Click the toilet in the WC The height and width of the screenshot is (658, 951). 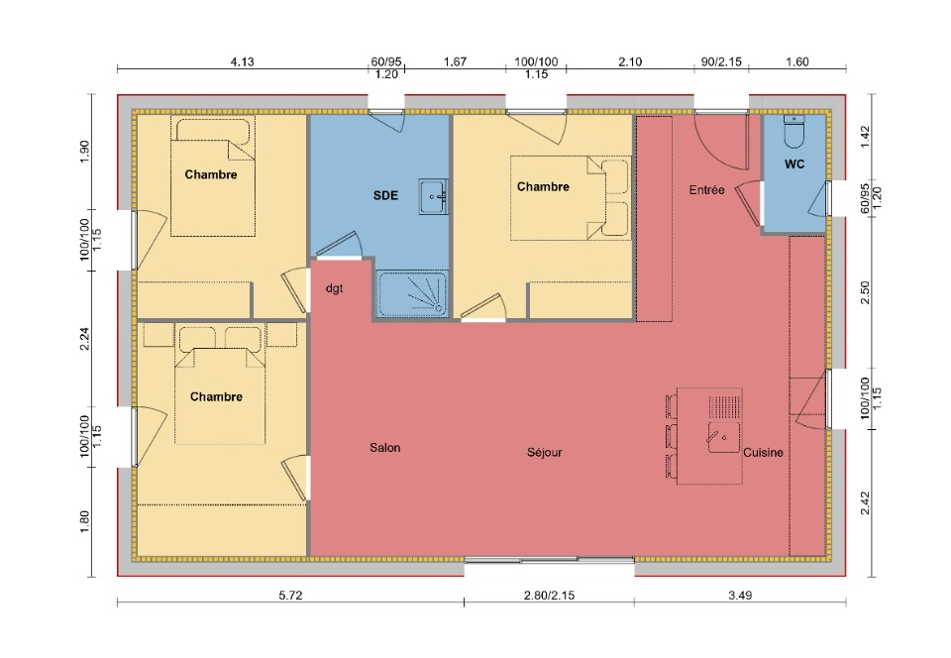[793, 132]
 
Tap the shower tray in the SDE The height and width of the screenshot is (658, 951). [412, 293]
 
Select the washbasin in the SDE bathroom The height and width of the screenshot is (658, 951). [433, 196]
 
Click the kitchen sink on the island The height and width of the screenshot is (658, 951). [723, 437]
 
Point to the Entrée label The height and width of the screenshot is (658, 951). [706, 190]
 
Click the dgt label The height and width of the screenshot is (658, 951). [334, 288]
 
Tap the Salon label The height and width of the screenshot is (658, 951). [385, 448]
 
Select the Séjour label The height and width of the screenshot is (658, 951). [544, 452]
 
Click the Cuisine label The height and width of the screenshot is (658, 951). [763, 453]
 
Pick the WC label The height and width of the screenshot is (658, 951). [794, 164]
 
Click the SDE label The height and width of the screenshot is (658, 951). [385, 195]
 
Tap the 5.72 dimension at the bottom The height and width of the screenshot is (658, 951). [290, 595]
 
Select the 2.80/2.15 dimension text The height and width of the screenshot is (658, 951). [549, 595]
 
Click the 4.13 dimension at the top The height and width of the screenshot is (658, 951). [243, 61]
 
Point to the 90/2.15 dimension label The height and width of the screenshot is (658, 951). [721, 61]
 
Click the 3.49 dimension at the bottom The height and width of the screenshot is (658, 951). [740, 595]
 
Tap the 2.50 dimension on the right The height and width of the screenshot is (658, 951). [865, 292]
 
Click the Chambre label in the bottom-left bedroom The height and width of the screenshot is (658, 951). [216, 396]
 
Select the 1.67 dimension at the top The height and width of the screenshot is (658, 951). [455, 61]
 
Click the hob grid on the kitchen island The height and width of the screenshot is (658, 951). [724, 407]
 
